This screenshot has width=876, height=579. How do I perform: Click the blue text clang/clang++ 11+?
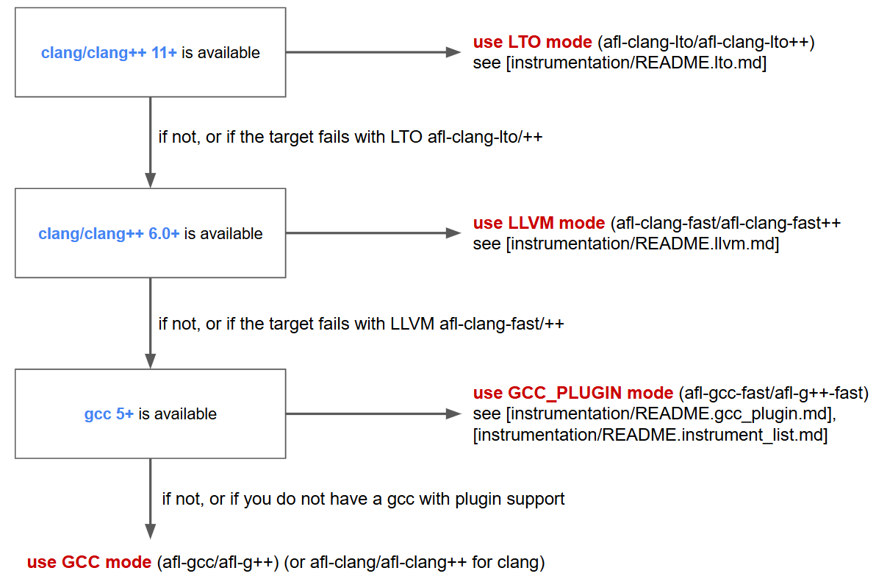pyautogui.click(x=109, y=53)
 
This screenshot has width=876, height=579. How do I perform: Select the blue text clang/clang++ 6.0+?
pyautogui.click(x=109, y=234)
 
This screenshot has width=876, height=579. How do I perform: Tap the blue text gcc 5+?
pyautogui.click(x=109, y=414)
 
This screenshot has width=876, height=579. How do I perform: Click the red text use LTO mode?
pyautogui.click(x=533, y=43)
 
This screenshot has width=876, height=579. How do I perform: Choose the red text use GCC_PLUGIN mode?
pyautogui.click(x=573, y=393)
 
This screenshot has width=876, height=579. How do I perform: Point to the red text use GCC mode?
pyautogui.click(x=90, y=564)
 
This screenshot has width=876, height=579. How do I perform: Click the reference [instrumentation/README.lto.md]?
pyautogui.click(x=636, y=63)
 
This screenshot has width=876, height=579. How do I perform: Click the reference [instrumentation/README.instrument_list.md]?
pyautogui.click(x=651, y=436)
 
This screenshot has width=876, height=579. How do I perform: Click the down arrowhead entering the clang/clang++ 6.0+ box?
pyautogui.click(x=150, y=181)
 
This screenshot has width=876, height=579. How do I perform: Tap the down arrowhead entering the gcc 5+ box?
pyautogui.click(x=150, y=362)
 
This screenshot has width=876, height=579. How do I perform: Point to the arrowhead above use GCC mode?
pyautogui.click(x=150, y=531)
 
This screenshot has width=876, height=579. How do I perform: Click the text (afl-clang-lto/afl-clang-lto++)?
pyautogui.click(x=706, y=43)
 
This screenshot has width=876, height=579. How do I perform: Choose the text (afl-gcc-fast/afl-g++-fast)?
pyautogui.click(x=773, y=393)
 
